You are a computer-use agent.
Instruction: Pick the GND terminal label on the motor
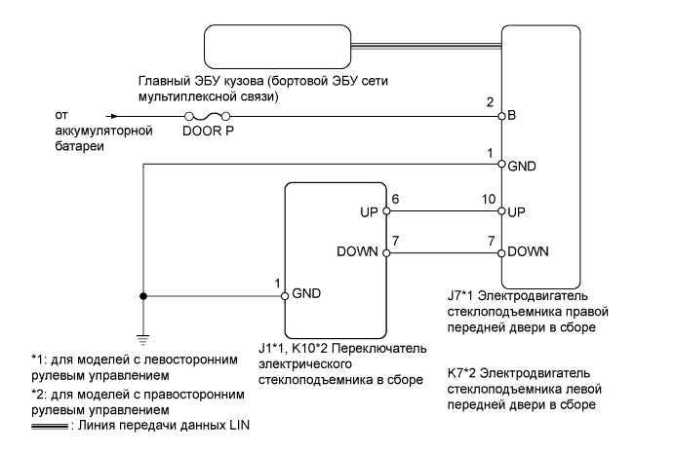click(x=521, y=165)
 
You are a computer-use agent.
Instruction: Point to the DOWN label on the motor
click(x=528, y=250)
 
